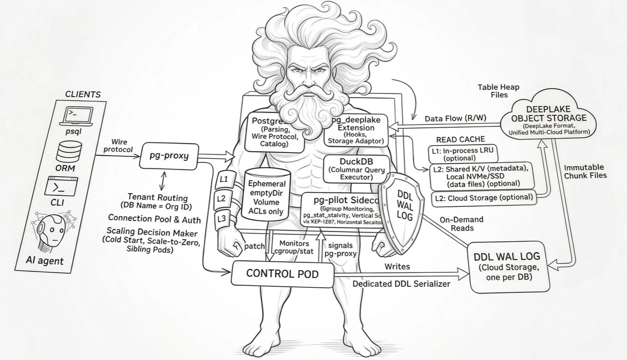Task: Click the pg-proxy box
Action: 168,155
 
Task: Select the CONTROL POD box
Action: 282,273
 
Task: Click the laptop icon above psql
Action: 78,115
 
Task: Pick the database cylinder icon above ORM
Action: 69,151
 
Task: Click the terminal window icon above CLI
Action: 61,186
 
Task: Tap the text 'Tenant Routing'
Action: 157,197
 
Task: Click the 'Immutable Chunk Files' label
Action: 585,171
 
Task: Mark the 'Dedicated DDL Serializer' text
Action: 401,284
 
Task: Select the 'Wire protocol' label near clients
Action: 119,146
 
